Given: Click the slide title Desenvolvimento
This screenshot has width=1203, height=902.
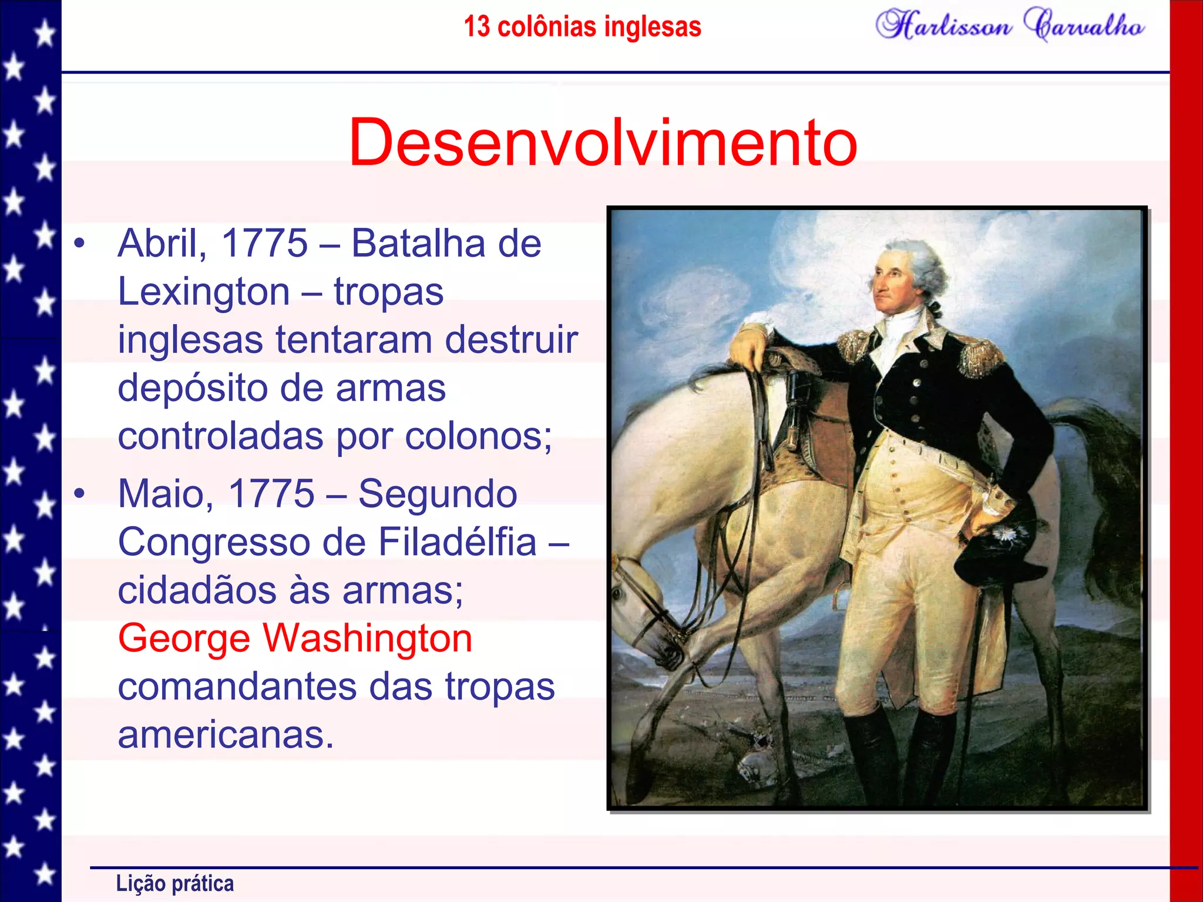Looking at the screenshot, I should pos(603,143).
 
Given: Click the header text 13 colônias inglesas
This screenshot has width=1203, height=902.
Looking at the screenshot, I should pos(582,27).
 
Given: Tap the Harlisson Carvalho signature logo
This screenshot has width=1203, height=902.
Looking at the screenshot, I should pos(1009,26).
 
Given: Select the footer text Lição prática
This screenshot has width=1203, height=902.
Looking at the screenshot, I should pos(174,883).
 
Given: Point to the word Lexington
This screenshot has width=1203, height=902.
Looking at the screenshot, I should pos(203,292).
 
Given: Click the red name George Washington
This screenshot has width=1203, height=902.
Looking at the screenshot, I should pos(295,638).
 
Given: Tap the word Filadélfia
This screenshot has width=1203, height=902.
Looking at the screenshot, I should pos(457,542).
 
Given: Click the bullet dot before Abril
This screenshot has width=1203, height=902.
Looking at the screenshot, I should pos(80,243).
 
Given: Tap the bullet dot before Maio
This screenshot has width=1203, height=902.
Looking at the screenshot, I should pos(80,493).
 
